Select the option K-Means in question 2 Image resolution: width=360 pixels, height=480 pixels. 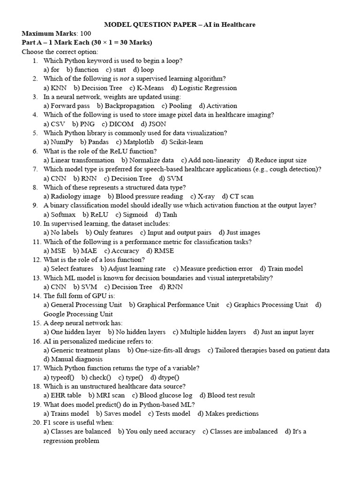click(x=150, y=88)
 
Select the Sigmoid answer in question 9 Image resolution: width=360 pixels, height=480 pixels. click(x=135, y=215)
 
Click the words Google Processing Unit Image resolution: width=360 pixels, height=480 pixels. click(x=78, y=314)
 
